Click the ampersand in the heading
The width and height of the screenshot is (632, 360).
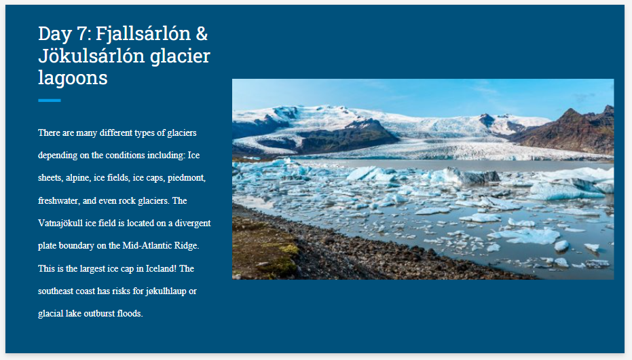point(202,33)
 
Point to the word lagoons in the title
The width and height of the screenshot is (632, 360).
point(73,77)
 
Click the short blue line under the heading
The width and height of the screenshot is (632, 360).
point(50,101)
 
